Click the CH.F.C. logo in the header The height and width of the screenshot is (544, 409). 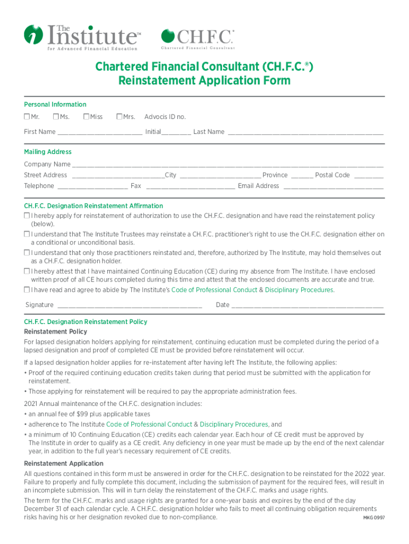[x=198, y=38]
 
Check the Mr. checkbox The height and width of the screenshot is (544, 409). [x=27, y=117]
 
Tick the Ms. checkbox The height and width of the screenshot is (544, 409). [x=56, y=117]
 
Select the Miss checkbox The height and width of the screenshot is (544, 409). [x=86, y=117]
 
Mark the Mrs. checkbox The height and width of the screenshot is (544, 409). [x=120, y=117]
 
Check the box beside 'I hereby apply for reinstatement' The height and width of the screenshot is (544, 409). [x=27, y=216]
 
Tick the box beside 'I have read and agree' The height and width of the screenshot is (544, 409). [x=27, y=290]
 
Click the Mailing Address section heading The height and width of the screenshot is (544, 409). [x=48, y=152]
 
